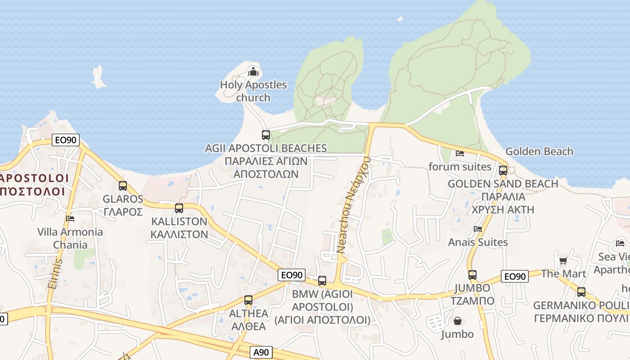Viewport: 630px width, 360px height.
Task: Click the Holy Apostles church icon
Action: pyautogui.click(x=253, y=72)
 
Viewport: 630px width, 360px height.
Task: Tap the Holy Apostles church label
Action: pyautogui.click(x=253, y=91)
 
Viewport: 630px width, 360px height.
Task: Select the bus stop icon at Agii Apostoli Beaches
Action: pyautogui.click(x=265, y=135)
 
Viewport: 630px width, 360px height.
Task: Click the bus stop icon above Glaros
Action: pyautogui.click(x=122, y=185)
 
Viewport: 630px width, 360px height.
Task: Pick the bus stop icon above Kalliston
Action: pyautogui.click(x=179, y=208)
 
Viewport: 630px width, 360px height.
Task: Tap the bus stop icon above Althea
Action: pyautogui.click(x=248, y=300)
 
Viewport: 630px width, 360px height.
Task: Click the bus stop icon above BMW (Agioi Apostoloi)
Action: pyautogui.click(x=322, y=281)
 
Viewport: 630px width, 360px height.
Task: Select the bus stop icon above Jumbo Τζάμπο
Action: pyautogui.click(x=472, y=275)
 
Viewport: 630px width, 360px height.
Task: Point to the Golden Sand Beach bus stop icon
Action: pyautogui.click(x=503, y=171)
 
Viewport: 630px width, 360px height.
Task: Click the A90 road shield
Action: pyautogui.click(x=261, y=352)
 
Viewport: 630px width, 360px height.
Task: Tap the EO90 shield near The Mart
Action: pyautogui.click(x=515, y=276)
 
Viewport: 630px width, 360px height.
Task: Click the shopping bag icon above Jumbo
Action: pyautogui.click(x=457, y=321)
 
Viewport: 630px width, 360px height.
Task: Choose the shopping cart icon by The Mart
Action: pyautogui.click(x=563, y=261)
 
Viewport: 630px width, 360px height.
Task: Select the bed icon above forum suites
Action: pyautogui.click(x=459, y=153)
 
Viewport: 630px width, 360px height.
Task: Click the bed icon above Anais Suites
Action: pyautogui.click(x=478, y=229)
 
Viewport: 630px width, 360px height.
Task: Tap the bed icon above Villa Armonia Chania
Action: pyautogui.click(x=70, y=219)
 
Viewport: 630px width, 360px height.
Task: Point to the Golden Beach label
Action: pyautogui.click(x=539, y=151)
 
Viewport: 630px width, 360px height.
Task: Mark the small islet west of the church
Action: pyautogui.click(x=98, y=76)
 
